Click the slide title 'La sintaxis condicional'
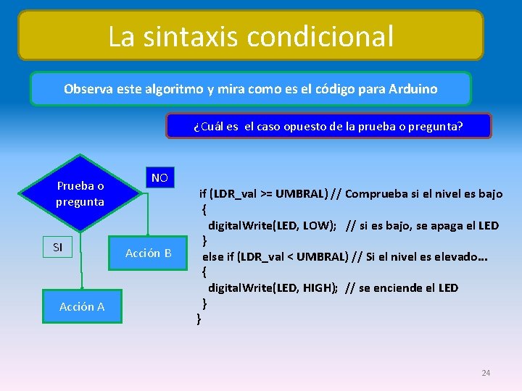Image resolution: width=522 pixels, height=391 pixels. coord(251,35)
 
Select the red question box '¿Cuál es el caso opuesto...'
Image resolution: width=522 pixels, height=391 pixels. coord(328,126)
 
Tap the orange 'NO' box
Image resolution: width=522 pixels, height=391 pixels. coord(159,178)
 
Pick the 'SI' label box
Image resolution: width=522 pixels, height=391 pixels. coord(58,248)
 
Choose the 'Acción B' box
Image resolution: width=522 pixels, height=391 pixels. coord(148,253)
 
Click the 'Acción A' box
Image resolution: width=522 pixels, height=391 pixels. coord(82,306)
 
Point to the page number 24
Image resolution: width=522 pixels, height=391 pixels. coord(486,373)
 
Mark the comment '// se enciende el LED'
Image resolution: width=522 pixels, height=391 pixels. coord(402,287)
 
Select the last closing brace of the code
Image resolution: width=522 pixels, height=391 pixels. coord(199,319)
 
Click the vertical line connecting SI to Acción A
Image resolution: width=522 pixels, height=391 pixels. coord(83,272)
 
